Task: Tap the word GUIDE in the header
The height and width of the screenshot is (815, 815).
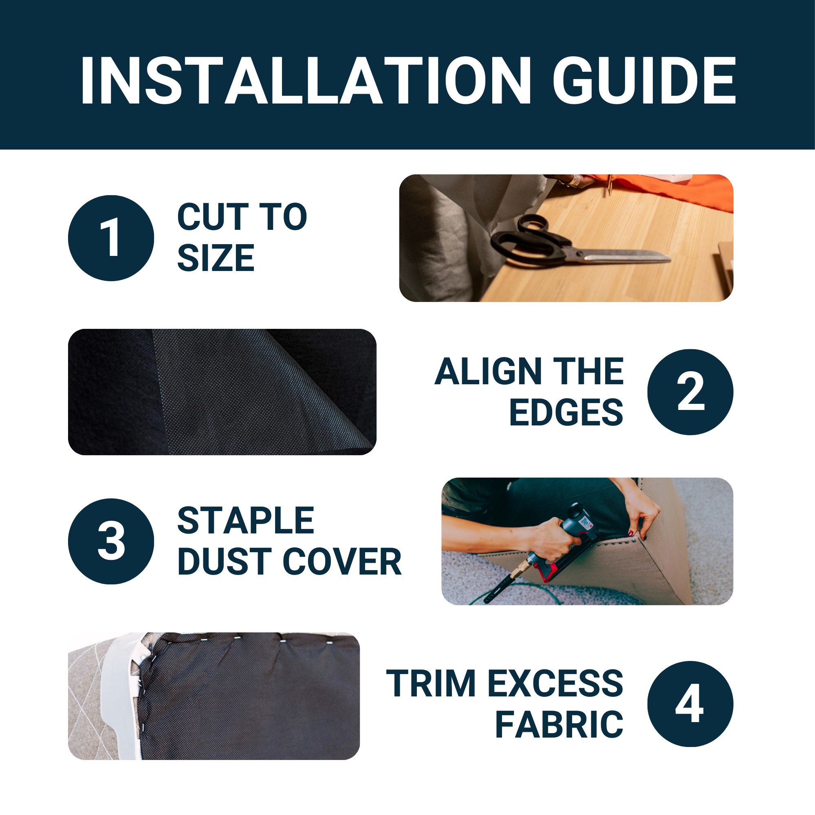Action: pos(645,80)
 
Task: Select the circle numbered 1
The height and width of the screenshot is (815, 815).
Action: pos(111,238)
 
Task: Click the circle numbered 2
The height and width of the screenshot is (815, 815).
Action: pos(691,392)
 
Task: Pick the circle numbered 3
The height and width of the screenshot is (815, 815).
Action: pos(111,541)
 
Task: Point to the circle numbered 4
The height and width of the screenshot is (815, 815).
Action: pos(691,704)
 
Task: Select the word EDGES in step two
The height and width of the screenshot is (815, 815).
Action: pos(566,412)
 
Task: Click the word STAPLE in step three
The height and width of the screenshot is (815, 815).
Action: pos(245,520)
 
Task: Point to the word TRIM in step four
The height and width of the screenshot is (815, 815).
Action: pos(431,683)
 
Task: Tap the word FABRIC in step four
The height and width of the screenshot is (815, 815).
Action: pos(559,724)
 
